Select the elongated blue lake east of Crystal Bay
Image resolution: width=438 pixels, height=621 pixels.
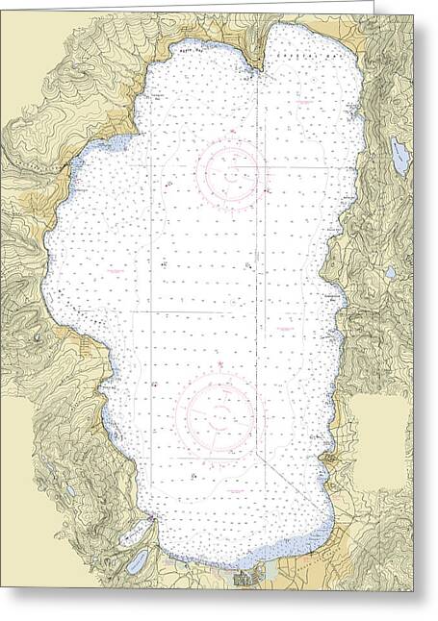pos(399,156)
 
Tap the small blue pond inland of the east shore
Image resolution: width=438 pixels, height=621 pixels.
pos(388,272)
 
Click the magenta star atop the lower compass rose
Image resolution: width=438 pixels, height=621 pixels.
pos(219,365)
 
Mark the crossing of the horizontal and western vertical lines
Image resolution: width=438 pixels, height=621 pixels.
pos(150,312)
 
